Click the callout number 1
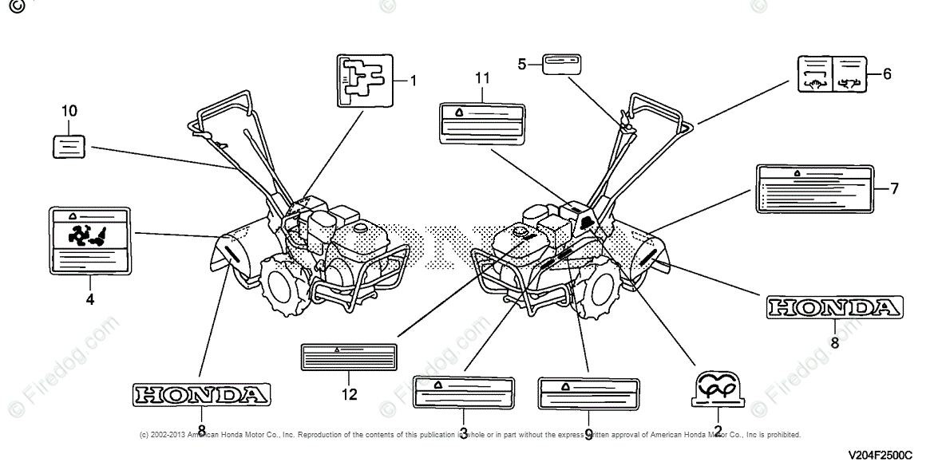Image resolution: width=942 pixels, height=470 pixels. (x=414, y=80)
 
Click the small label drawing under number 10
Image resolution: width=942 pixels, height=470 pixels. (x=69, y=146)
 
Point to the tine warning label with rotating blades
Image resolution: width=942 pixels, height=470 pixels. (x=89, y=239)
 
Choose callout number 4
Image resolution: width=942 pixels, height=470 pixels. (x=89, y=299)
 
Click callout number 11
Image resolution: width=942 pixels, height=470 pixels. (x=481, y=77)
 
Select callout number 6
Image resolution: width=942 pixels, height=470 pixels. (x=887, y=74)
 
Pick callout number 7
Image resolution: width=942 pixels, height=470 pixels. (x=894, y=188)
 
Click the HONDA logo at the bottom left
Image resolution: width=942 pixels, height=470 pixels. (x=200, y=394)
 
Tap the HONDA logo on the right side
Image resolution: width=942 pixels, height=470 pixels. (x=835, y=307)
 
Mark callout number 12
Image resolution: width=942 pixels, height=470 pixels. (x=350, y=393)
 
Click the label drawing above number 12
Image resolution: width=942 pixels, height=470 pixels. (x=349, y=357)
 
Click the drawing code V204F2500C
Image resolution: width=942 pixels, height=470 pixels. (x=880, y=455)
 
